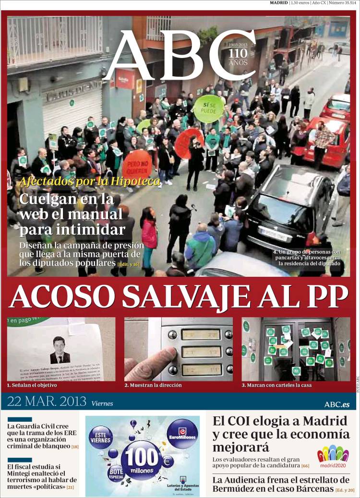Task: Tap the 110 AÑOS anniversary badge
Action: [239, 56]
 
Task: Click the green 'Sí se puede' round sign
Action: [209, 108]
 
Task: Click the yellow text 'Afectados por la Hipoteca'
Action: [89, 181]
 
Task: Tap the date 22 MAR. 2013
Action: [47, 402]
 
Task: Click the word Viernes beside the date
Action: [102, 403]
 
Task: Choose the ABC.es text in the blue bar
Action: [337, 404]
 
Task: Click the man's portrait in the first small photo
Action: [60, 350]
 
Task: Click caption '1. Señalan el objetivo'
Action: [32, 385]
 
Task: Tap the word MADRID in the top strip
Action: [279, 3]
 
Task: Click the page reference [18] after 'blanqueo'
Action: [75, 446]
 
